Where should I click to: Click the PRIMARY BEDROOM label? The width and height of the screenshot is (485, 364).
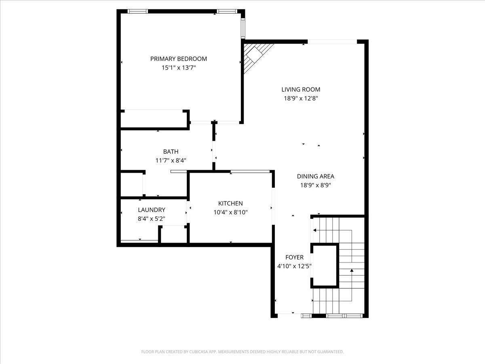tap(178, 59)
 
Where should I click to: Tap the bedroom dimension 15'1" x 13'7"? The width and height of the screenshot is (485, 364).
tap(178, 68)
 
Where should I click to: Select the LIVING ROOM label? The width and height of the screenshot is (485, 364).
tap(301, 89)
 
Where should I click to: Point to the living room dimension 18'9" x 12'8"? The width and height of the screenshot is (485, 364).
tap(301, 98)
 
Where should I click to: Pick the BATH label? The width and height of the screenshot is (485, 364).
tap(171, 152)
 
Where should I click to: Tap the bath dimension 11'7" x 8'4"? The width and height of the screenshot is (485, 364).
tap(171, 160)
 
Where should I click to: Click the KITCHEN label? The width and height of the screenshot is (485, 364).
tap(230, 203)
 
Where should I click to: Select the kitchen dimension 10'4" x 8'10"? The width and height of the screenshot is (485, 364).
tap(230, 212)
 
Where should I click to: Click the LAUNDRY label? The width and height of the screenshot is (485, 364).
tap(151, 210)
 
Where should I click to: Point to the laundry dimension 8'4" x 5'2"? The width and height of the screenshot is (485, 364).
tap(151, 218)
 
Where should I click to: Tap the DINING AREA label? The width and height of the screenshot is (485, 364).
tap(315, 176)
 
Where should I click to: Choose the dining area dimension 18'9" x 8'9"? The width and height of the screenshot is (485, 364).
tap(315, 185)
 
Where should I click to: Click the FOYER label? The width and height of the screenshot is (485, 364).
tap(294, 257)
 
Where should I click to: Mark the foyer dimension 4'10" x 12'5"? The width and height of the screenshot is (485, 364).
tap(294, 266)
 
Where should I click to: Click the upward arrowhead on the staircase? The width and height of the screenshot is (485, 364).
tap(352, 270)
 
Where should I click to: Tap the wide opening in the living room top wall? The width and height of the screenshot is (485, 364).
tap(332, 41)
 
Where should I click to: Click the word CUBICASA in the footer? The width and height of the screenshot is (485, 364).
tap(199, 352)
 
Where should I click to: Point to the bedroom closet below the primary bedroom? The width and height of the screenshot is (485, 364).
tap(154, 119)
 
